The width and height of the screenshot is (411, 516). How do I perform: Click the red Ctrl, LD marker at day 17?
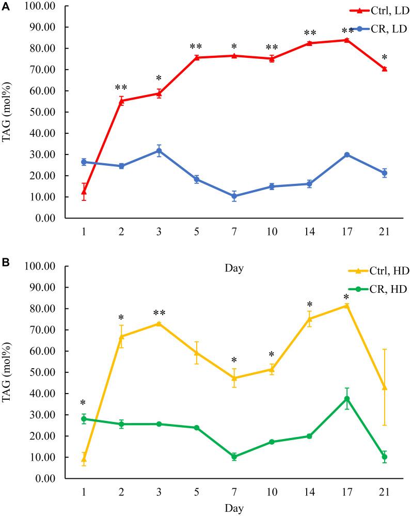(347, 40)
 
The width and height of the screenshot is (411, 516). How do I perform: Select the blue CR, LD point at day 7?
(234, 196)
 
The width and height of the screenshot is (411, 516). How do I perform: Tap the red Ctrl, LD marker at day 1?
(84, 192)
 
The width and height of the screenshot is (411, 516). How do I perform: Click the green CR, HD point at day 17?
(347, 398)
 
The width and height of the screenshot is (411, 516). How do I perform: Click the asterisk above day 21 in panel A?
(384, 58)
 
